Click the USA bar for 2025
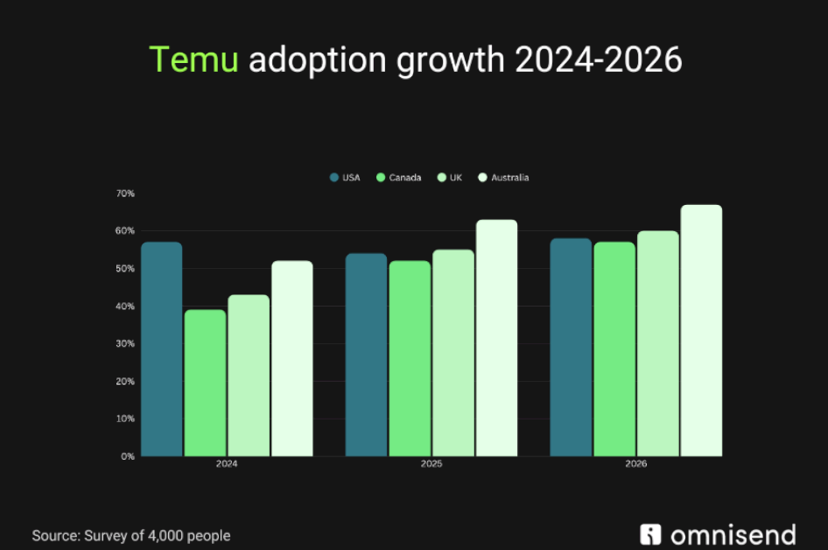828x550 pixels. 366,355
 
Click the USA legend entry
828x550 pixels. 345,178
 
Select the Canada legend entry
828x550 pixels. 398,178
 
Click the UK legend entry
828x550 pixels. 450,178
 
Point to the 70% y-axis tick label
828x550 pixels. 125,193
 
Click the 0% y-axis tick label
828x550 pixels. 128,456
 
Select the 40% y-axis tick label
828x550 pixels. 125,306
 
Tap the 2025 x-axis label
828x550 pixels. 431,464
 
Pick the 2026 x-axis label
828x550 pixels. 635,464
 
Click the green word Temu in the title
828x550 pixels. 193,60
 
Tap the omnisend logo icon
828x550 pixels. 650,534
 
